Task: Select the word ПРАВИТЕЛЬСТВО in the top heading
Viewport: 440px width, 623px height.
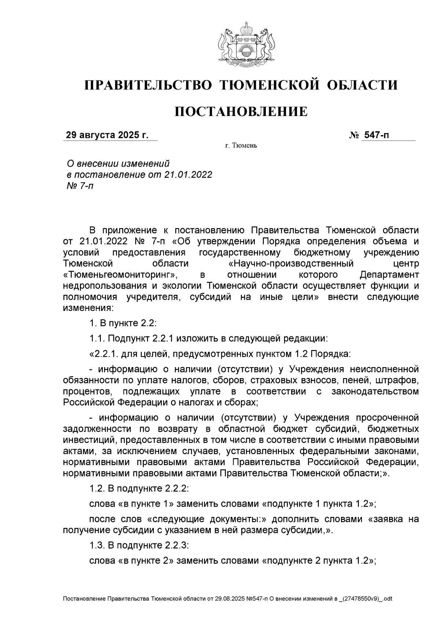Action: click(x=148, y=85)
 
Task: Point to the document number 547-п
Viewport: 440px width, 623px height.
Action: click(x=376, y=135)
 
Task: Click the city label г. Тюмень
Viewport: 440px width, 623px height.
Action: click(x=241, y=146)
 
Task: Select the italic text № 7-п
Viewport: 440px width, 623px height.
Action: click(x=78, y=186)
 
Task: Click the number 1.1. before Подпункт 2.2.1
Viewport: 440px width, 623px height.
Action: click(x=97, y=338)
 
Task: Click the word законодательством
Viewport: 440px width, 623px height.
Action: click(x=375, y=391)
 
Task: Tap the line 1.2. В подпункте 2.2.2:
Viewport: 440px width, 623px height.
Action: click(x=139, y=489)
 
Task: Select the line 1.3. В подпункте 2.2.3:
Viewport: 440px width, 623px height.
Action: click(x=139, y=546)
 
